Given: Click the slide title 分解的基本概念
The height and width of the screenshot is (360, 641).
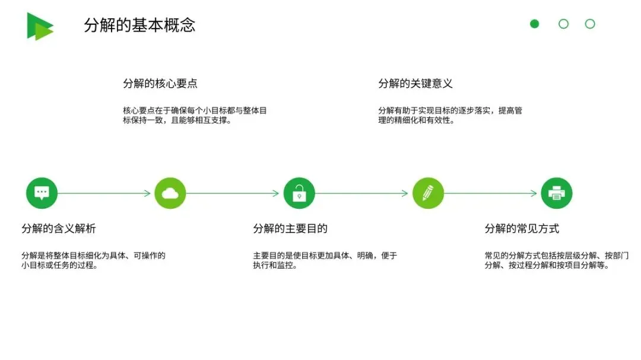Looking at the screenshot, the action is coord(139,26).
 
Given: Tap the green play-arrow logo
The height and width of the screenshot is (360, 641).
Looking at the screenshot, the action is coord(39,26).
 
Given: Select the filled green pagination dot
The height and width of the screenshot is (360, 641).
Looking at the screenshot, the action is coord(534,24).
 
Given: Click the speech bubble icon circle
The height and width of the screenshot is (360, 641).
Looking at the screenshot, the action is coord(42,193).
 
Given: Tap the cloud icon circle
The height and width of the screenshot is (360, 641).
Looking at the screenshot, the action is coord(170,193).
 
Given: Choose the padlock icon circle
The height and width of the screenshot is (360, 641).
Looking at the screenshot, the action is coord(299,193).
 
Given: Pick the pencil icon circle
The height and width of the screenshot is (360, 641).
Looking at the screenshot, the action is coord(428,193).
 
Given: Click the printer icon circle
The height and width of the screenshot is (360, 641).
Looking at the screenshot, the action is coord(557,193).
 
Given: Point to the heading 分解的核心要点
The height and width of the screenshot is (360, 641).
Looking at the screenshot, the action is coord(160,84).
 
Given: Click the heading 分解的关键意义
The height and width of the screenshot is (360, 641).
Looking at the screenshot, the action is coord(415,84).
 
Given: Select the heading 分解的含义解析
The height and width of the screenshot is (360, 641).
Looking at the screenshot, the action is coord(59,229).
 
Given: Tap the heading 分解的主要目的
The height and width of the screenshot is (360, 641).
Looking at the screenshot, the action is coord(290,229).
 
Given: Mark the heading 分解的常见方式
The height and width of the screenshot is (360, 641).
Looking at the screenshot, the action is coord(522,229).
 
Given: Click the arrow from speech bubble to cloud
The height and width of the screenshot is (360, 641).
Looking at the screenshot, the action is coord(104,193).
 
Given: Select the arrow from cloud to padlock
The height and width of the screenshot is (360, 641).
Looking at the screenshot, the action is coord(233,193).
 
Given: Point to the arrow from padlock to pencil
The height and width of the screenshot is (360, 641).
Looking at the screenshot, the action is coord(362,193).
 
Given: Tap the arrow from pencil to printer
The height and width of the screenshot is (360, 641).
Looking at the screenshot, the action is coord(491,193).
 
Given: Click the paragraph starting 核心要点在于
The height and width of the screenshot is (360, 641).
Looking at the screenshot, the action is coord(195,115).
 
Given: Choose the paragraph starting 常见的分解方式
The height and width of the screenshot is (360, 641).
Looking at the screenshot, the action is coord(556,260).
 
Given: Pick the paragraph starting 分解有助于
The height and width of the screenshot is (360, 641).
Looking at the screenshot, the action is coord(450,115).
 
